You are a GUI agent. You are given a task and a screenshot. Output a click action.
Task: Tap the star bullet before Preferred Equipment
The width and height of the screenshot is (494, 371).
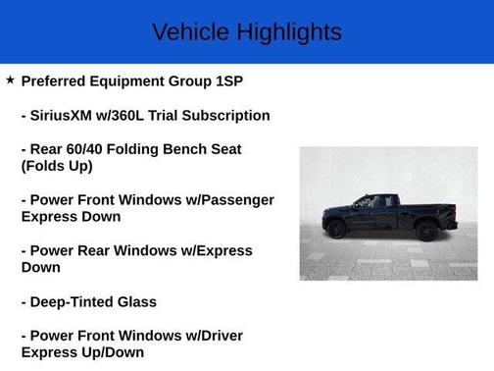(10, 79)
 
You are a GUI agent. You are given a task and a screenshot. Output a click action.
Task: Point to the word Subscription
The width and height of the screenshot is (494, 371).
(222, 115)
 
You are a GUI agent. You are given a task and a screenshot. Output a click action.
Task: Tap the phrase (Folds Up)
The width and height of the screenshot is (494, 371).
(57, 166)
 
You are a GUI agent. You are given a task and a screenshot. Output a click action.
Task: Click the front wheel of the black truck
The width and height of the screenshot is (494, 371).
(336, 229)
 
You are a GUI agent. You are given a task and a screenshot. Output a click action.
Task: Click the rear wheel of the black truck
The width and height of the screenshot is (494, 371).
(425, 231)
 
